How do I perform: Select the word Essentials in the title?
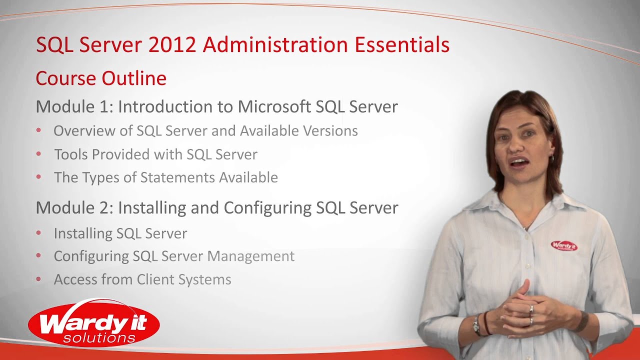(x=402, y=45)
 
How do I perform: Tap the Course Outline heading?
(x=101, y=78)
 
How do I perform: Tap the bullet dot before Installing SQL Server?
(x=39, y=233)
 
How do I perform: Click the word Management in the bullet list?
(x=250, y=256)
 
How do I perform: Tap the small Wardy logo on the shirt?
(x=563, y=245)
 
